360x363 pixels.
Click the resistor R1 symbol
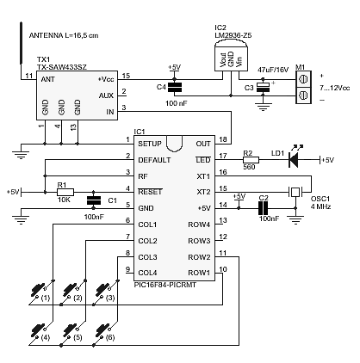(65, 192)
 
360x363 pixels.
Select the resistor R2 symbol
(251, 160)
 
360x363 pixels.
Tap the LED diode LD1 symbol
(294, 160)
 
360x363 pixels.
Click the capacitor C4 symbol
(175, 88)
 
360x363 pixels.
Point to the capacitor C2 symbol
(264, 208)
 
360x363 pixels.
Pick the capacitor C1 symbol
(94, 200)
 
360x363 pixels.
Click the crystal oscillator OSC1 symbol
(295, 192)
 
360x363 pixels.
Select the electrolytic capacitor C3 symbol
(263, 87)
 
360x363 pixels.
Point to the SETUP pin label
(150, 144)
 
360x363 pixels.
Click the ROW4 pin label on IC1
(199, 225)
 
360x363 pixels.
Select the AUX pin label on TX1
(106, 95)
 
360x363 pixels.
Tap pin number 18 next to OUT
(223, 139)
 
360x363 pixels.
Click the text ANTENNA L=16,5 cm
(64, 35)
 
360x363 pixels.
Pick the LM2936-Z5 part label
(233, 35)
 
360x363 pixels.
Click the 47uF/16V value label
(273, 70)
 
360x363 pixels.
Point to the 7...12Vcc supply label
(335, 88)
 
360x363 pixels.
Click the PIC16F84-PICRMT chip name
(165, 285)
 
